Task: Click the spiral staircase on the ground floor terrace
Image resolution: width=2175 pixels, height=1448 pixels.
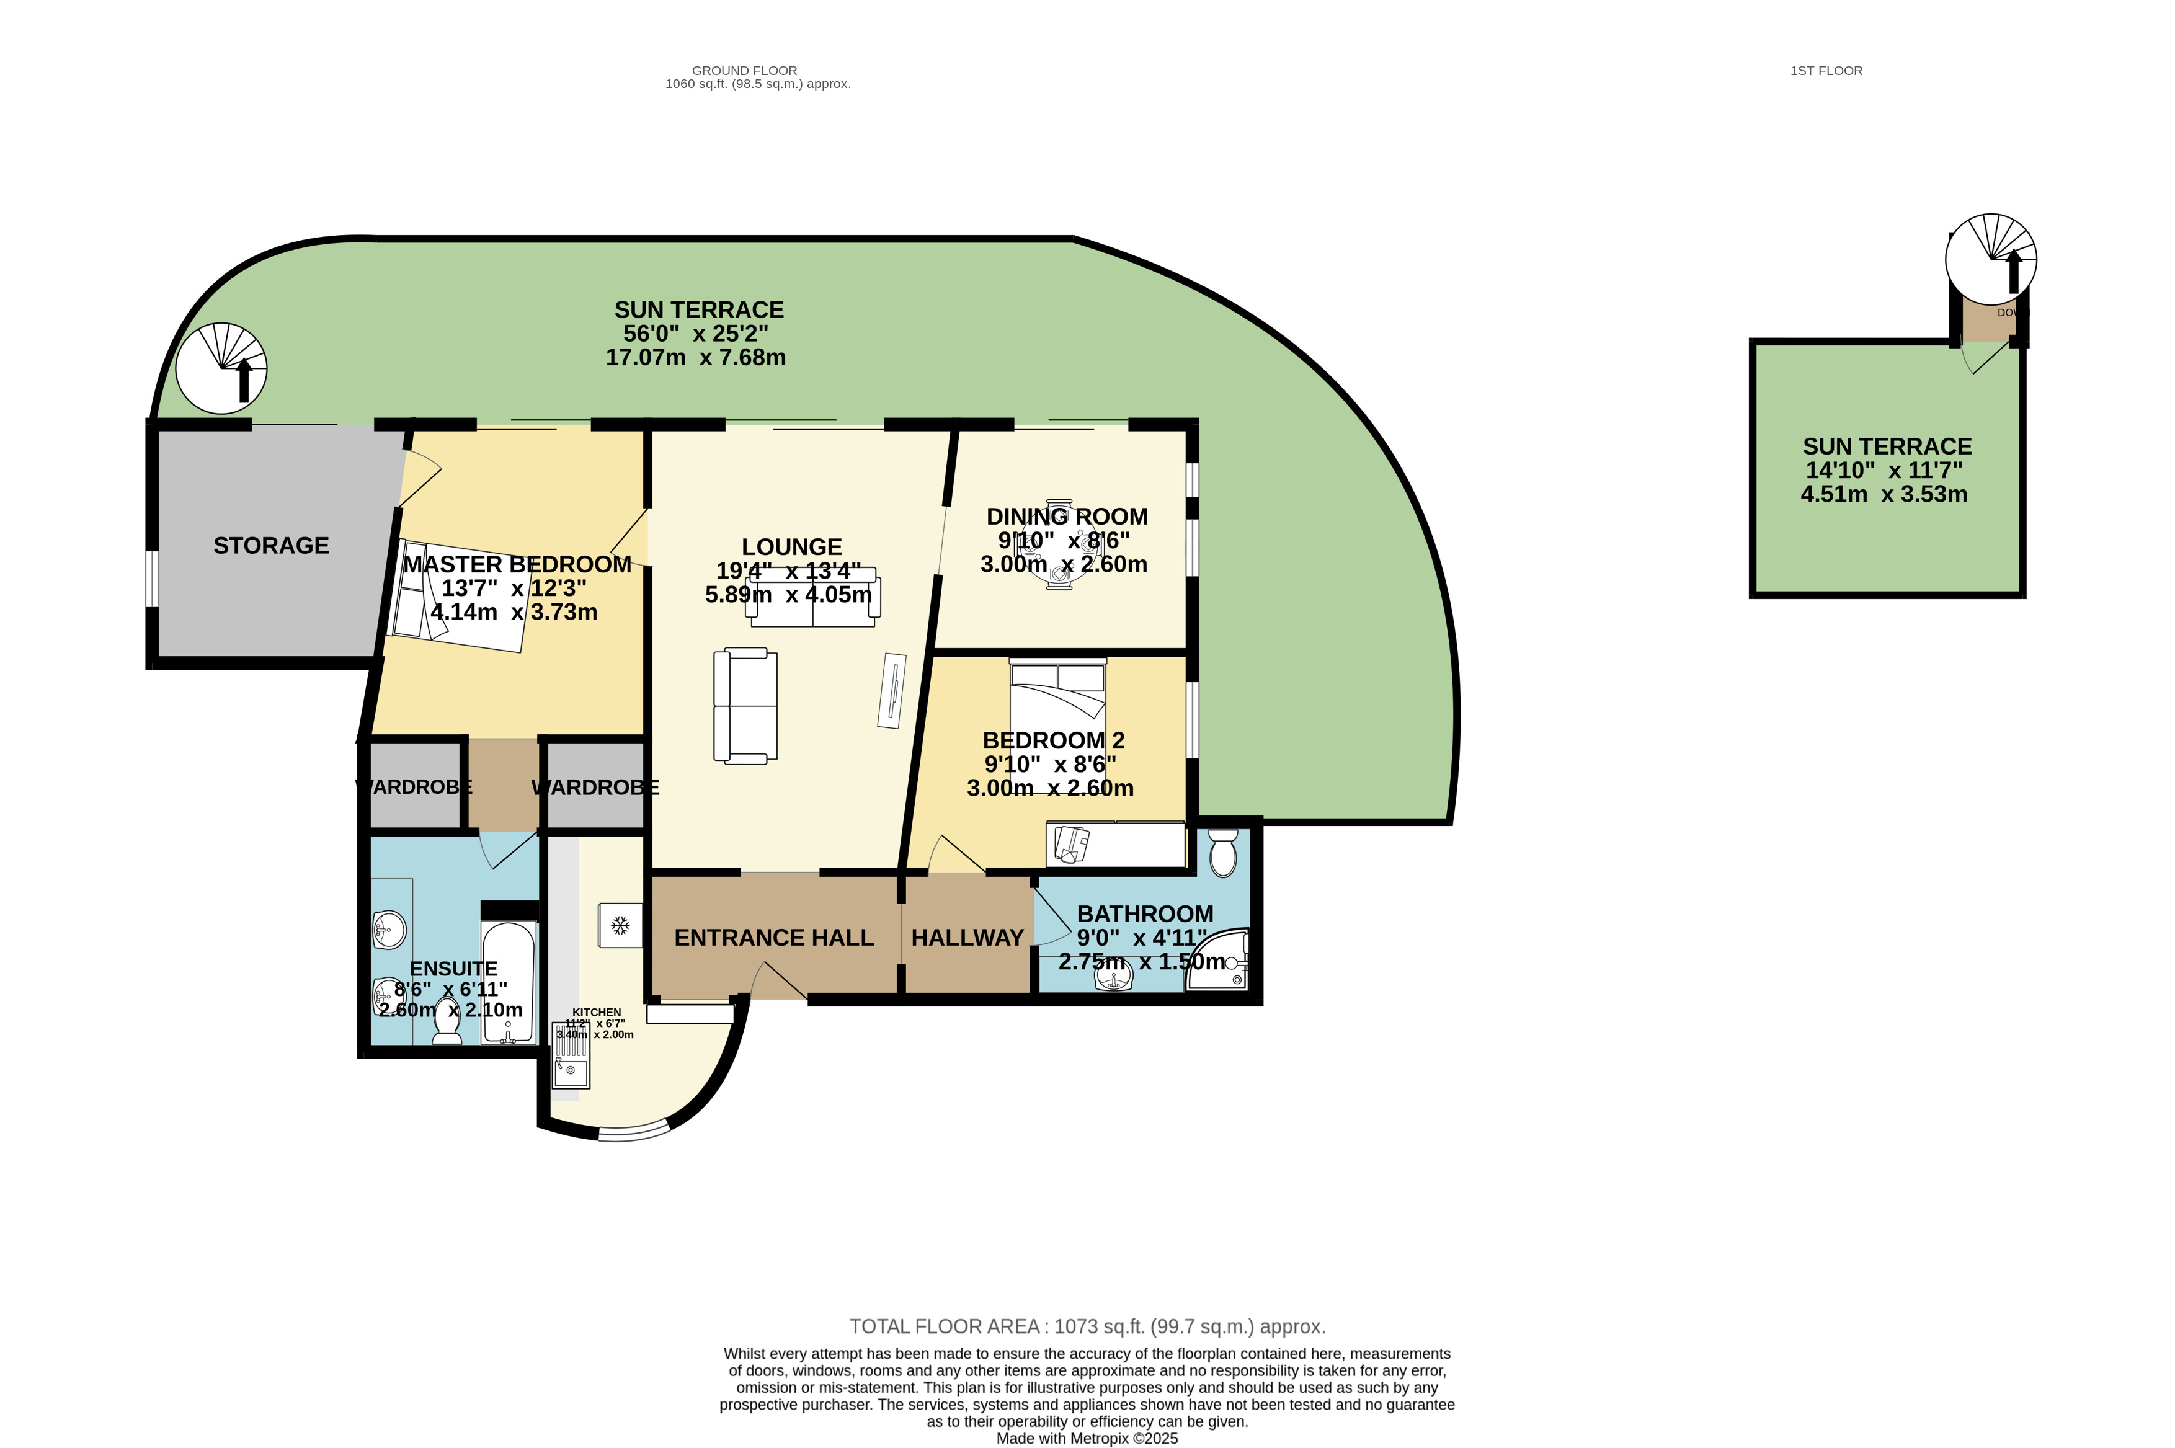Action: tap(221, 368)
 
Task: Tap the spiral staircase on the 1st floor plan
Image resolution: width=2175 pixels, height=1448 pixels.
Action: tap(1990, 259)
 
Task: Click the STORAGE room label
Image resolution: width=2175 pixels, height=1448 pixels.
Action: tap(270, 546)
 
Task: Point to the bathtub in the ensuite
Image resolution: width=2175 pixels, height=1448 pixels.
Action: tap(507, 980)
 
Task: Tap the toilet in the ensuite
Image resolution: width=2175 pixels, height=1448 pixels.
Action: tap(447, 1021)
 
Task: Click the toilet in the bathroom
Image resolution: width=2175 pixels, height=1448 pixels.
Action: tap(1223, 852)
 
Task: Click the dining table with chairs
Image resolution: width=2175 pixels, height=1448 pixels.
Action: tap(1059, 545)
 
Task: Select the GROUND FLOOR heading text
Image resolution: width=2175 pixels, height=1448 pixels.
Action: tap(744, 70)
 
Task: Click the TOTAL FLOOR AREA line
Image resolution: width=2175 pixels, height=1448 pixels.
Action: tap(1087, 1326)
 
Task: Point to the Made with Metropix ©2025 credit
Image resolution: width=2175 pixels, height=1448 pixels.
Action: tap(1087, 1438)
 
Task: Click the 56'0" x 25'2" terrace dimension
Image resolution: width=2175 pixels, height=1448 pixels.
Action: tap(695, 334)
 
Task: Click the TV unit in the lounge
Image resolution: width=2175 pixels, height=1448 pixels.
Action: tap(891, 691)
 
